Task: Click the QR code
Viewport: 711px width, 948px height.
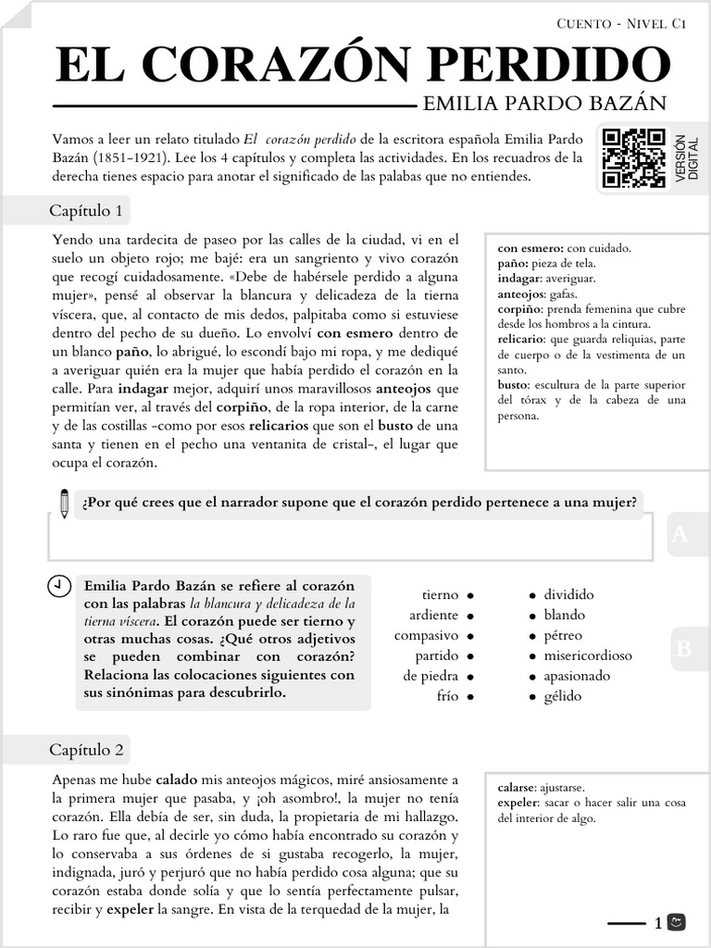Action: click(x=633, y=157)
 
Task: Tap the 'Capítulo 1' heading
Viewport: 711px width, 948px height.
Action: click(x=86, y=211)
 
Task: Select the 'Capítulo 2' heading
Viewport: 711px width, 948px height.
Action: click(x=86, y=749)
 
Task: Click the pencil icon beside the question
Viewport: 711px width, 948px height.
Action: click(x=64, y=503)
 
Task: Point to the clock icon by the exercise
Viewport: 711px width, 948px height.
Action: click(x=58, y=586)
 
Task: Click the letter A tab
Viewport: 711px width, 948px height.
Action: click(x=681, y=534)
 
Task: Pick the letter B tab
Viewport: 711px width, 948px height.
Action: click(x=683, y=649)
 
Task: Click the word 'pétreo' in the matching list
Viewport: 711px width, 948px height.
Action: click(x=563, y=635)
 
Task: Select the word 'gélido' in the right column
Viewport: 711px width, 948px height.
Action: click(x=563, y=696)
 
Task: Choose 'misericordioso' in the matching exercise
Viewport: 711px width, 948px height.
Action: click(x=588, y=655)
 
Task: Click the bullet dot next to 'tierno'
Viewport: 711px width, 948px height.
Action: click(x=471, y=595)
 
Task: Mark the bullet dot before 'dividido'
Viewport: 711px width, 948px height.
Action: click(x=532, y=595)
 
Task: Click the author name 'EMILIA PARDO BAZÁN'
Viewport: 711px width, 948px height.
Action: click(x=543, y=103)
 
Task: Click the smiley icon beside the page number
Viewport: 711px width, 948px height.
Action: click(x=677, y=922)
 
